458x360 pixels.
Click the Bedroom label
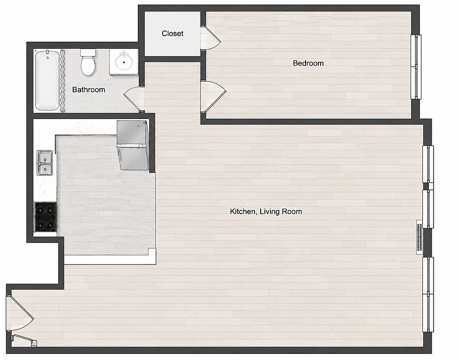(x=308, y=63)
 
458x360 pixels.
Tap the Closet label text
(x=173, y=34)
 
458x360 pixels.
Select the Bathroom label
(x=89, y=90)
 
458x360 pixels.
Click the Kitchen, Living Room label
(x=266, y=211)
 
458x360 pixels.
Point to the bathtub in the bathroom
(x=47, y=80)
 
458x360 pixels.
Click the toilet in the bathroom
(x=88, y=62)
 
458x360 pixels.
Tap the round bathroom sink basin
(x=124, y=61)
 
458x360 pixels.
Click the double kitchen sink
(x=45, y=163)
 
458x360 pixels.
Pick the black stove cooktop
(x=45, y=217)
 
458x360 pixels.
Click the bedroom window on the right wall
(x=416, y=67)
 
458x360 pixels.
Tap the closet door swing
(x=210, y=38)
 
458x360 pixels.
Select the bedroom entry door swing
(x=213, y=97)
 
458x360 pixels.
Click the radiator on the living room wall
(x=420, y=237)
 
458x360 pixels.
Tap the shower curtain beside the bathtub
(x=62, y=81)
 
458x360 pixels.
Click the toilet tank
(x=88, y=52)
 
